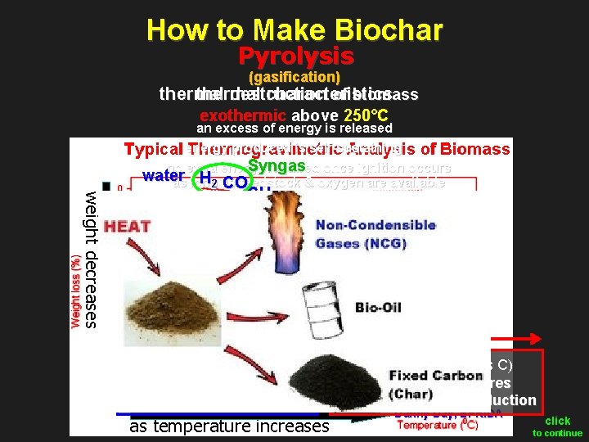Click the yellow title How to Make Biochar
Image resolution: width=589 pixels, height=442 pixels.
pos(294,30)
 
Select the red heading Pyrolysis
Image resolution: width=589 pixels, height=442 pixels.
pos(295,56)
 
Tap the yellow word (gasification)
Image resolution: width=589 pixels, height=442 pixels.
pos(294,77)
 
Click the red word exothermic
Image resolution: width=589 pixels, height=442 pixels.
pos(243,115)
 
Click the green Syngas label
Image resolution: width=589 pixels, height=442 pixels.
pos(277,166)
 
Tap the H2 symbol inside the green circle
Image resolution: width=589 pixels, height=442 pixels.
pos(209,181)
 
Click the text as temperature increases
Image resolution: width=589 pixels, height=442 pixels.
pos(228,425)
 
